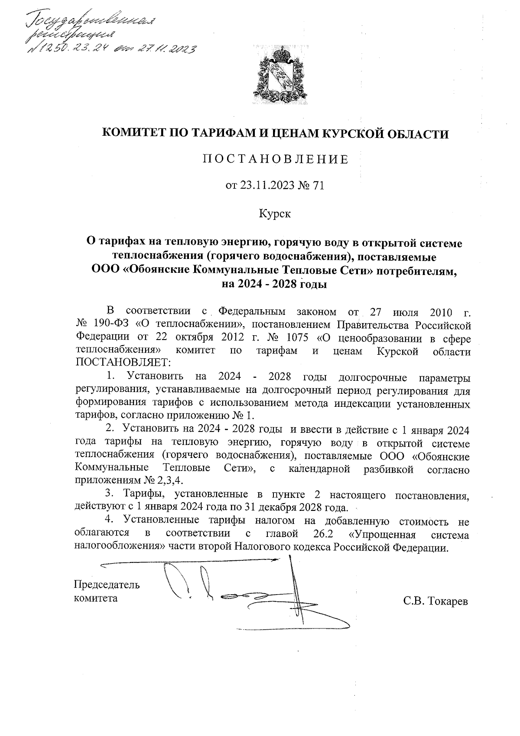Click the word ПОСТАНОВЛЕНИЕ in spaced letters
276,160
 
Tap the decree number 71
318,186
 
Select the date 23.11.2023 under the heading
266,186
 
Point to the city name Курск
275,213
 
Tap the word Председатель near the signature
107,584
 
